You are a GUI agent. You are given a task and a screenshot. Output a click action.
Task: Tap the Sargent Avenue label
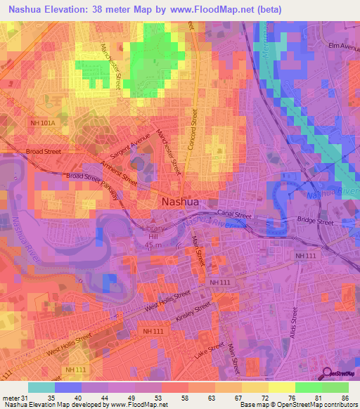pos(128,145)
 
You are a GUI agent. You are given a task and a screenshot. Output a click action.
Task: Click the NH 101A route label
pos(43,124)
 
